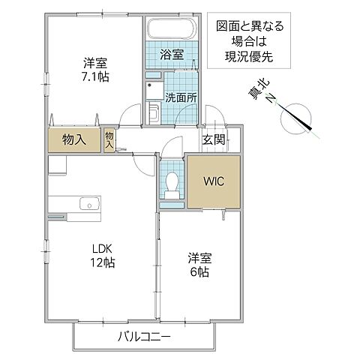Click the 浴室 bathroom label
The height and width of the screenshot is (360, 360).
click(172, 53)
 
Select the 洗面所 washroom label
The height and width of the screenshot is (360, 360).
click(180, 96)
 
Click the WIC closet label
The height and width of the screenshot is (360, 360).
click(214, 181)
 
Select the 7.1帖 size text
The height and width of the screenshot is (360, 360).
click(95, 77)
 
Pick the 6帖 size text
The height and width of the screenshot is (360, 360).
click(199, 271)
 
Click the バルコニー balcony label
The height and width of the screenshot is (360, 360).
click(144, 336)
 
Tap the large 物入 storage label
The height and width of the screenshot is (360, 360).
click(73, 139)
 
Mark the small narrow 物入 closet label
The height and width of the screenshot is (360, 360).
click(109, 140)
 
